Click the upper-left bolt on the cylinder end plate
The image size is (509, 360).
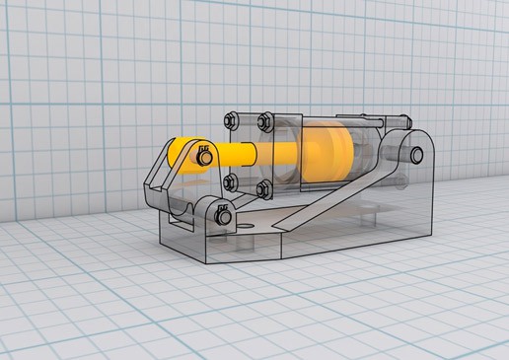pos(230,121)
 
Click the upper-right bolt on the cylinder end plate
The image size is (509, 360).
pos(263,121)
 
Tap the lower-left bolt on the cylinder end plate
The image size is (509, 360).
pos(230,181)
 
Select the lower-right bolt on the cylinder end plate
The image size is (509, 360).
pos(263,186)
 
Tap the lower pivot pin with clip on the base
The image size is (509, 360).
pos(223,212)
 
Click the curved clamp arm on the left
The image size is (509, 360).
pos(158,178)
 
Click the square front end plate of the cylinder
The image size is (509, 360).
pos(248,153)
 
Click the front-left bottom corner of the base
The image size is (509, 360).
pos(163,237)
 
